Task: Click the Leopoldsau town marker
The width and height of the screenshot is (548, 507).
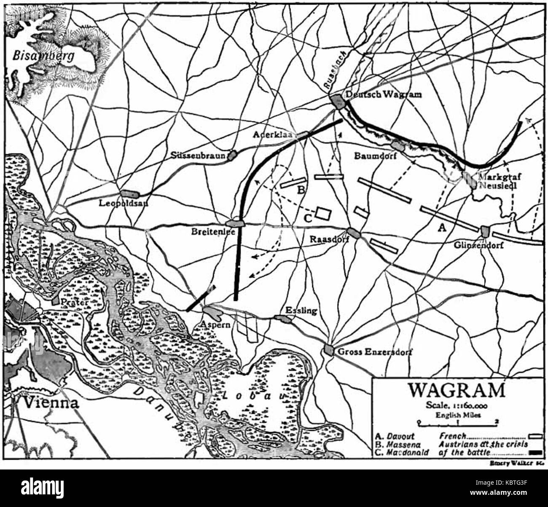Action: (129, 194)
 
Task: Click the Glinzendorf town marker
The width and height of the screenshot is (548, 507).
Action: (484, 231)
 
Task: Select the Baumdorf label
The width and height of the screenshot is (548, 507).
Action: (371, 156)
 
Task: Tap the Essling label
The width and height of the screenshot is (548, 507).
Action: (301, 311)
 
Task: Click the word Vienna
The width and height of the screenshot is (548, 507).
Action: (51, 403)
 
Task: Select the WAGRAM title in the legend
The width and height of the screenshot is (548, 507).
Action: (456, 390)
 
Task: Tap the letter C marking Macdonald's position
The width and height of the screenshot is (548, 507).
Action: (308, 218)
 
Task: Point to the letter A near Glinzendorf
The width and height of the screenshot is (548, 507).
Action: (441, 228)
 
